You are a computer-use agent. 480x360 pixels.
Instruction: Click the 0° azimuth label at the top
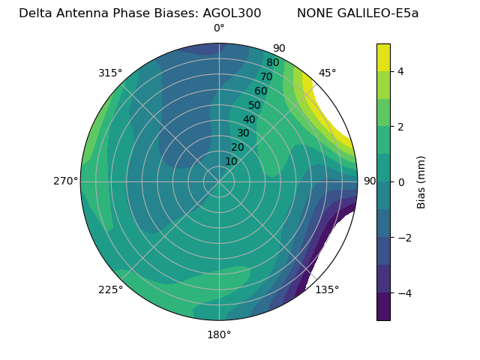click(x=219, y=28)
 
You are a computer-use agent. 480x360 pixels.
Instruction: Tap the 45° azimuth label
click(x=327, y=73)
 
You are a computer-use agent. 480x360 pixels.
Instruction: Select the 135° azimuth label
click(x=327, y=289)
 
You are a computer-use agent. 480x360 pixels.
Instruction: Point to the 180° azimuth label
click(x=219, y=334)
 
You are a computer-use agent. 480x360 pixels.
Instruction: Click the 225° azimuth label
click(x=110, y=289)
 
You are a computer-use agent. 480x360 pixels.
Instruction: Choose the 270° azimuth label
click(x=65, y=181)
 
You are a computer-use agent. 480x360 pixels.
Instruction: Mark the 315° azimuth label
click(x=110, y=73)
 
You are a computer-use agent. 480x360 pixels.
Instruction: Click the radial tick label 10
click(x=231, y=161)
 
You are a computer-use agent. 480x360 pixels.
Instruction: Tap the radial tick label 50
click(x=254, y=106)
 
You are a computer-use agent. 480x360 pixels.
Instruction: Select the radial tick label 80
click(x=272, y=63)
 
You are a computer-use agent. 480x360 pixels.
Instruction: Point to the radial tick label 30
click(x=243, y=133)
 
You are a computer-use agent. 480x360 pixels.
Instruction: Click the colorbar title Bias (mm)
click(x=421, y=181)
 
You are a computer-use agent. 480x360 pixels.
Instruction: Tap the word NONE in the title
click(x=314, y=13)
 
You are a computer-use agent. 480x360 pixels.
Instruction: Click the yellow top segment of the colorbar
click(x=383, y=57)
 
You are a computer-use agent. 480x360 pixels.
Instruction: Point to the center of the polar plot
click(x=219, y=181)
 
